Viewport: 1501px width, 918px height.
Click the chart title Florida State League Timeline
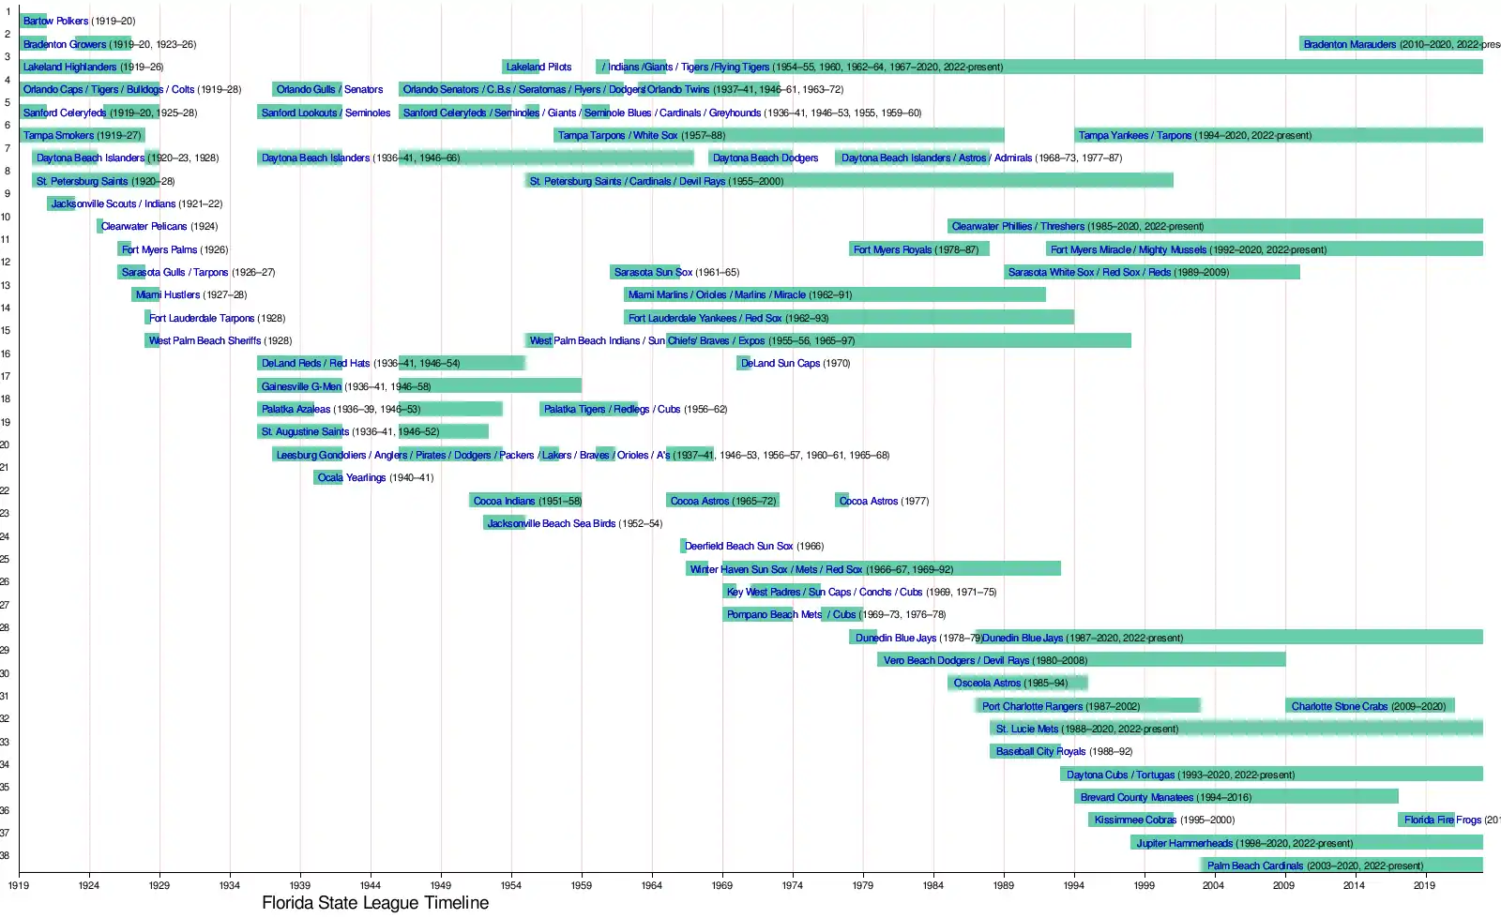[375, 903]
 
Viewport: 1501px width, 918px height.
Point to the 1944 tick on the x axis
[371, 885]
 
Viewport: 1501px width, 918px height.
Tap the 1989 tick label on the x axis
[1003, 885]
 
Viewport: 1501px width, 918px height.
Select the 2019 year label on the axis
[1424, 885]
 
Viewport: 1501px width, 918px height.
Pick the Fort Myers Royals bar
[919, 249]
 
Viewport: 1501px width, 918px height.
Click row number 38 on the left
[5, 855]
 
